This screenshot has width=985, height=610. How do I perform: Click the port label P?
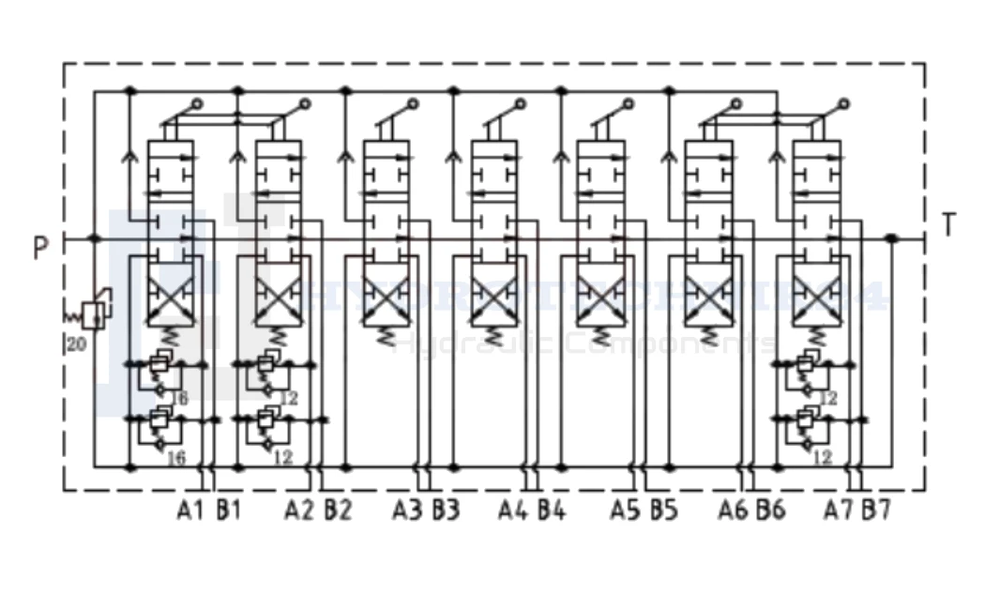tap(39, 249)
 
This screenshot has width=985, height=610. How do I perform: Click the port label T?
tap(949, 226)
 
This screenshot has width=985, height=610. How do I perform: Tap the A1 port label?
tap(190, 511)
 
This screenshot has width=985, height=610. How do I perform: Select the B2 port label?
tap(338, 511)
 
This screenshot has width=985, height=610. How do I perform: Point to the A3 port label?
tap(407, 511)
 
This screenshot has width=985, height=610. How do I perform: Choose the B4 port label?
tap(552, 511)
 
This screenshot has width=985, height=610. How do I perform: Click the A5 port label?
tap(624, 511)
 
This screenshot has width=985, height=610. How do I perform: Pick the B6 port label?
tap(770, 511)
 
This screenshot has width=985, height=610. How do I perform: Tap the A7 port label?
tap(839, 511)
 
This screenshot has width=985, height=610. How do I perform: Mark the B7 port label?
tap(877, 511)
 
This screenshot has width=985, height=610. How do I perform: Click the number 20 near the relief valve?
tap(77, 344)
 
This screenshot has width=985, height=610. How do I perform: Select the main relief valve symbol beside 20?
tap(93, 313)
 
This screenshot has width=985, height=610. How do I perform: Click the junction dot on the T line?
tap(892, 239)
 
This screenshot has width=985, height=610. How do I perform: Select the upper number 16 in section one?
tap(179, 398)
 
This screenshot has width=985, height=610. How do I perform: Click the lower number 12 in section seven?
tap(823, 457)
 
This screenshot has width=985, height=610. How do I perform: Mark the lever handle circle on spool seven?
tap(844, 103)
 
